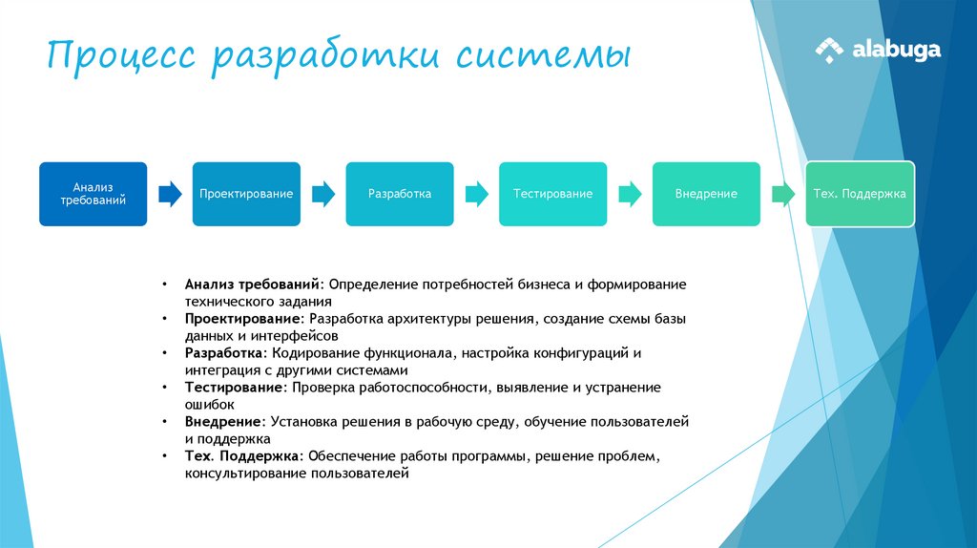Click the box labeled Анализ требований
click(x=93, y=194)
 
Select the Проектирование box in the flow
click(x=246, y=194)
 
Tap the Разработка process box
click(x=400, y=194)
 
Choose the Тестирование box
click(x=552, y=194)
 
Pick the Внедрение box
click(x=706, y=194)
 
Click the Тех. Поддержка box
click(x=860, y=194)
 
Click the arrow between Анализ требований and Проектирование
click(x=170, y=195)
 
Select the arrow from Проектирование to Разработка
click(x=323, y=195)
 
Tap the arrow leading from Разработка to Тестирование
click(x=476, y=195)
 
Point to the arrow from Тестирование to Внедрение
click(x=630, y=195)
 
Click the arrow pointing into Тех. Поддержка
click(x=783, y=195)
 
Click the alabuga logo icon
click(x=829, y=50)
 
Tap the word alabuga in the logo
click(x=896, y=50)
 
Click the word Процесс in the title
click(x=121, y=54)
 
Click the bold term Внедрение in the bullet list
click(x=224, y=421)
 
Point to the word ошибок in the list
click(x=210, y=405)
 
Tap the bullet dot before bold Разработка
click(x=165, y=353)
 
